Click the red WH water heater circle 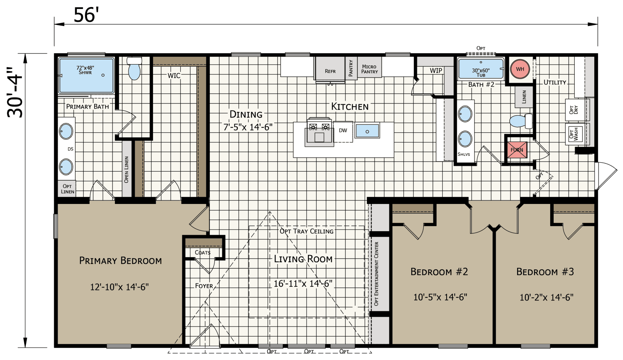coord(520,69)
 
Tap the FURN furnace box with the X coord(517,150)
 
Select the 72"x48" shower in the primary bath coord(86,75)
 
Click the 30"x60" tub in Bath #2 coord(480,69)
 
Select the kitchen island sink coord(367,131)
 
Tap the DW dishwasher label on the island coord(343,130)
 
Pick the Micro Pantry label coord(369,69)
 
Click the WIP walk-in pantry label coord(436,70)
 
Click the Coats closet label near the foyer coord(202,252)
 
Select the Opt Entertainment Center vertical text coord(376,273)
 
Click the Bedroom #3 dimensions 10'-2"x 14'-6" coord(546,297)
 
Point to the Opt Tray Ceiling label coord(306,231)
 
